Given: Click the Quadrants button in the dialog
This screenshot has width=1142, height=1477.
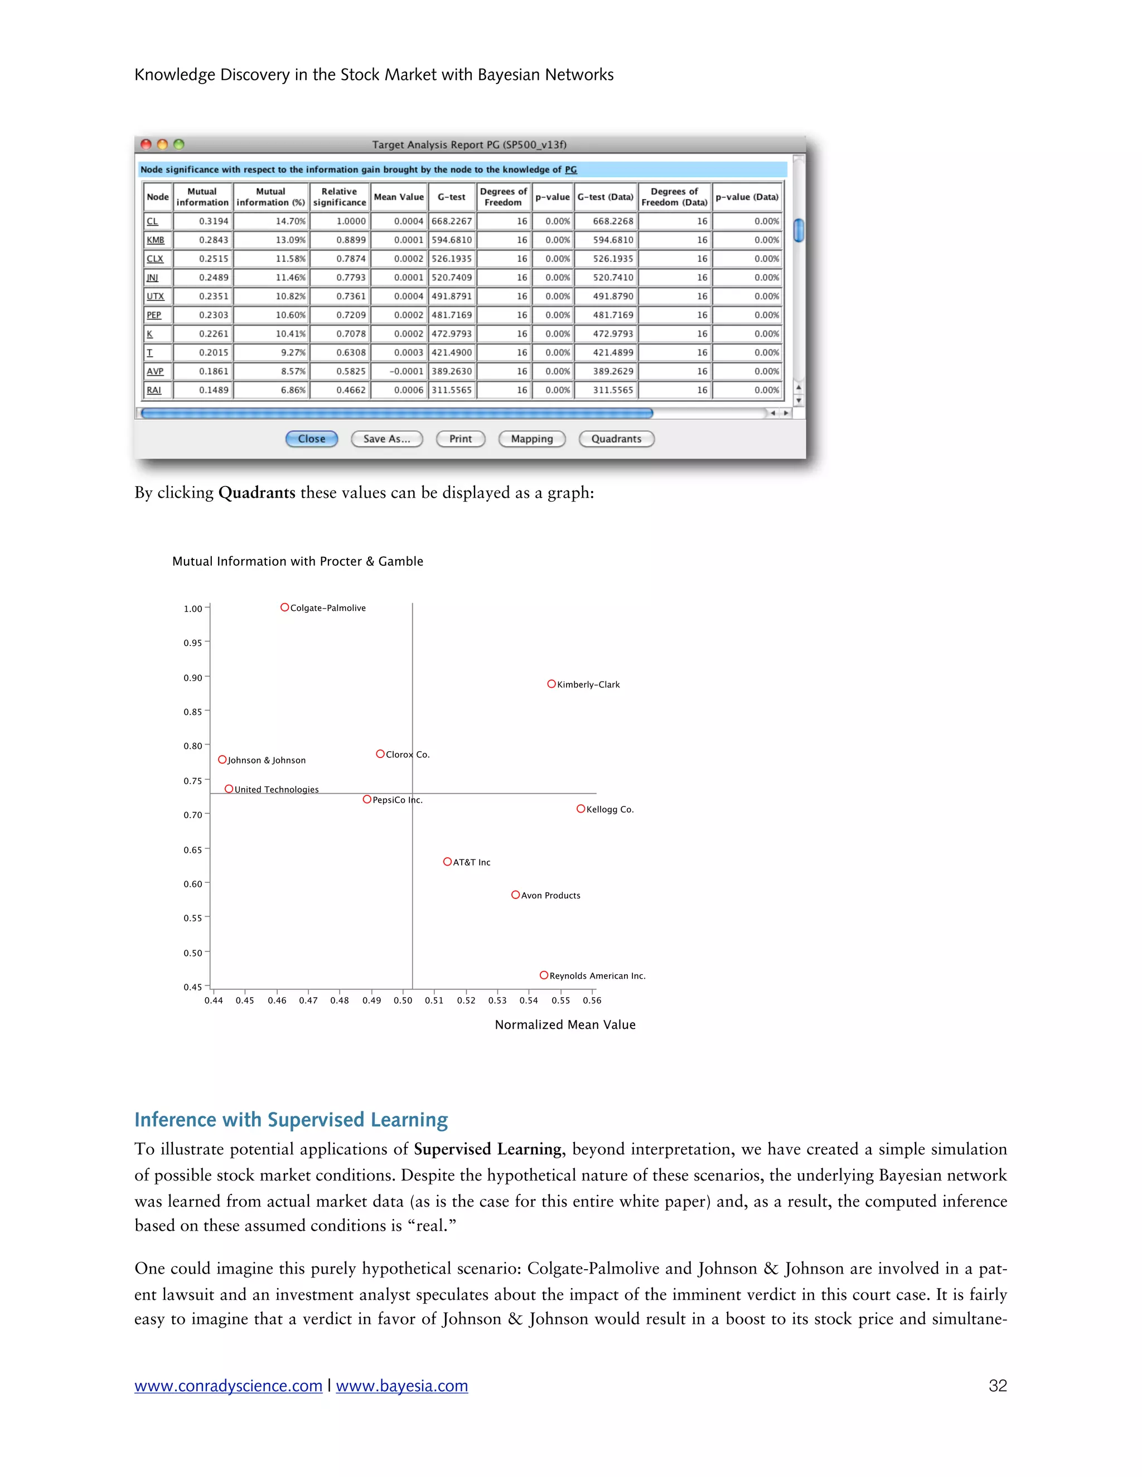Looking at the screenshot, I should [616, 439].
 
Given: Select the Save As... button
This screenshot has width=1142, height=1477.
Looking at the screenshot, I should [386, 439].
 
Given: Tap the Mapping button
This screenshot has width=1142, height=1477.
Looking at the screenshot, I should [532, 439].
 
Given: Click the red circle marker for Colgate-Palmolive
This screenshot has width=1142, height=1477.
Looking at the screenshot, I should [285, 608].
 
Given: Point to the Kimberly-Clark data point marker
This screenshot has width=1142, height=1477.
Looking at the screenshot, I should [551, 684].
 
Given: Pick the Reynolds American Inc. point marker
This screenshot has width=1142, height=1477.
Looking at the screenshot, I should [544, 975].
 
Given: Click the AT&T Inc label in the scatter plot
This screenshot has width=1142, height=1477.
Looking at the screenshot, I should [472, 862].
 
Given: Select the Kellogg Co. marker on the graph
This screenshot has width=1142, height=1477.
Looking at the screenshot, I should [580, 809].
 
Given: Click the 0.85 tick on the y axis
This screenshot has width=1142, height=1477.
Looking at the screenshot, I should [193, 711].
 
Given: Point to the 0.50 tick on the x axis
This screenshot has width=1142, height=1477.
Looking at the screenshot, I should [403, 1000].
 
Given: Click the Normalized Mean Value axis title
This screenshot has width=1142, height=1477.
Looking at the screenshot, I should [565, 1024].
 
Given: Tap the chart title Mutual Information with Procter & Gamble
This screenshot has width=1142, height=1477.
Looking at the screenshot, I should [298, 561].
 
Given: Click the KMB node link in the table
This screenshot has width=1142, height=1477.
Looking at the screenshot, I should [156, 240].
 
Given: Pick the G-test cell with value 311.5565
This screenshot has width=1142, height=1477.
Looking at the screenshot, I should [451, 390].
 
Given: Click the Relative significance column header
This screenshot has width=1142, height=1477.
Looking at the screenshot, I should [339, 197].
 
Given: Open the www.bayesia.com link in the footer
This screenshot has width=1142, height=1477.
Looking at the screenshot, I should [402, 1386].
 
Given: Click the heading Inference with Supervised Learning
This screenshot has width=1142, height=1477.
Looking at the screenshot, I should [291, 1119].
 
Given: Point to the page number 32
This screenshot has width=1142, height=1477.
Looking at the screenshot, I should [997, 1386].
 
